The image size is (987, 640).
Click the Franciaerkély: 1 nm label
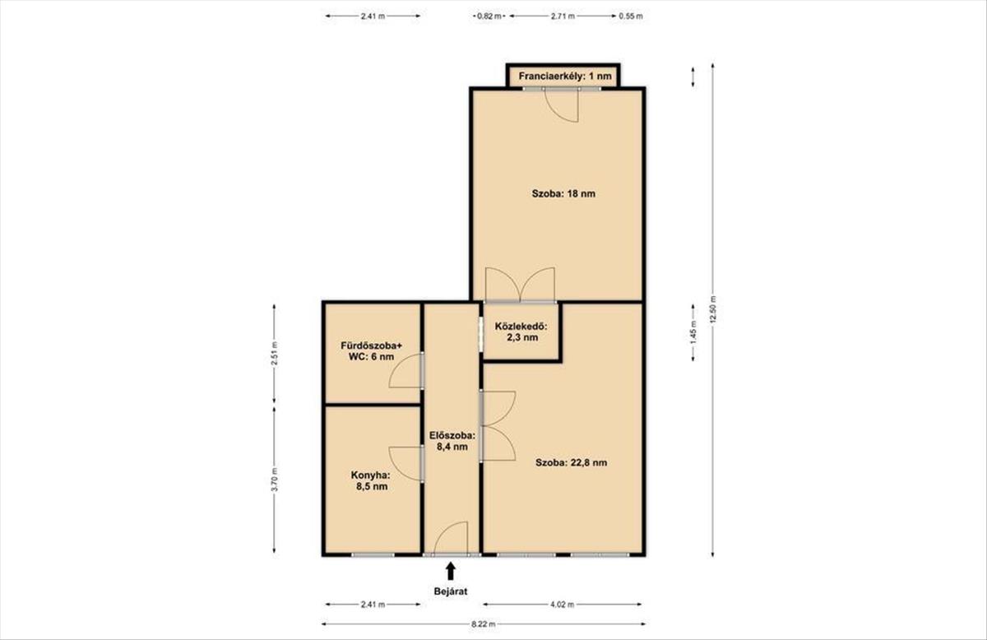[x=565, y=77]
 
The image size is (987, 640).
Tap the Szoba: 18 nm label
[x=563, y=193]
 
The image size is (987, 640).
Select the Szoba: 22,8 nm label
[x=571, y=463]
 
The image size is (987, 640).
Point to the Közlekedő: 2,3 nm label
[x=521, y=332]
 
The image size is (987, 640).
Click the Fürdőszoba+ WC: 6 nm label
[x=372, y=351]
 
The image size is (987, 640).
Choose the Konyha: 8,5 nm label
[x=371, y=481]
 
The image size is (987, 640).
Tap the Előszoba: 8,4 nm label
[x=452, y=441]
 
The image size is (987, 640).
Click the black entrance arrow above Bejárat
[x=451, y=570]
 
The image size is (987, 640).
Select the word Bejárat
[x=451, y=591]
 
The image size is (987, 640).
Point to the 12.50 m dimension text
[x=713, y=310]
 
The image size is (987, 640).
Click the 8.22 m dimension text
[x=484, y=624]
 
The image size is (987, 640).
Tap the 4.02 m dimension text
[x=563, y=605]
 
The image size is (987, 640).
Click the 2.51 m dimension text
[x=275, y=354]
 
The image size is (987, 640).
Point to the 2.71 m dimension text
[x=563, y=16]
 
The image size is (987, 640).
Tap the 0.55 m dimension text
[x=631, y=16]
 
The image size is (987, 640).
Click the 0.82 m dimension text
[x=489, y=16]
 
